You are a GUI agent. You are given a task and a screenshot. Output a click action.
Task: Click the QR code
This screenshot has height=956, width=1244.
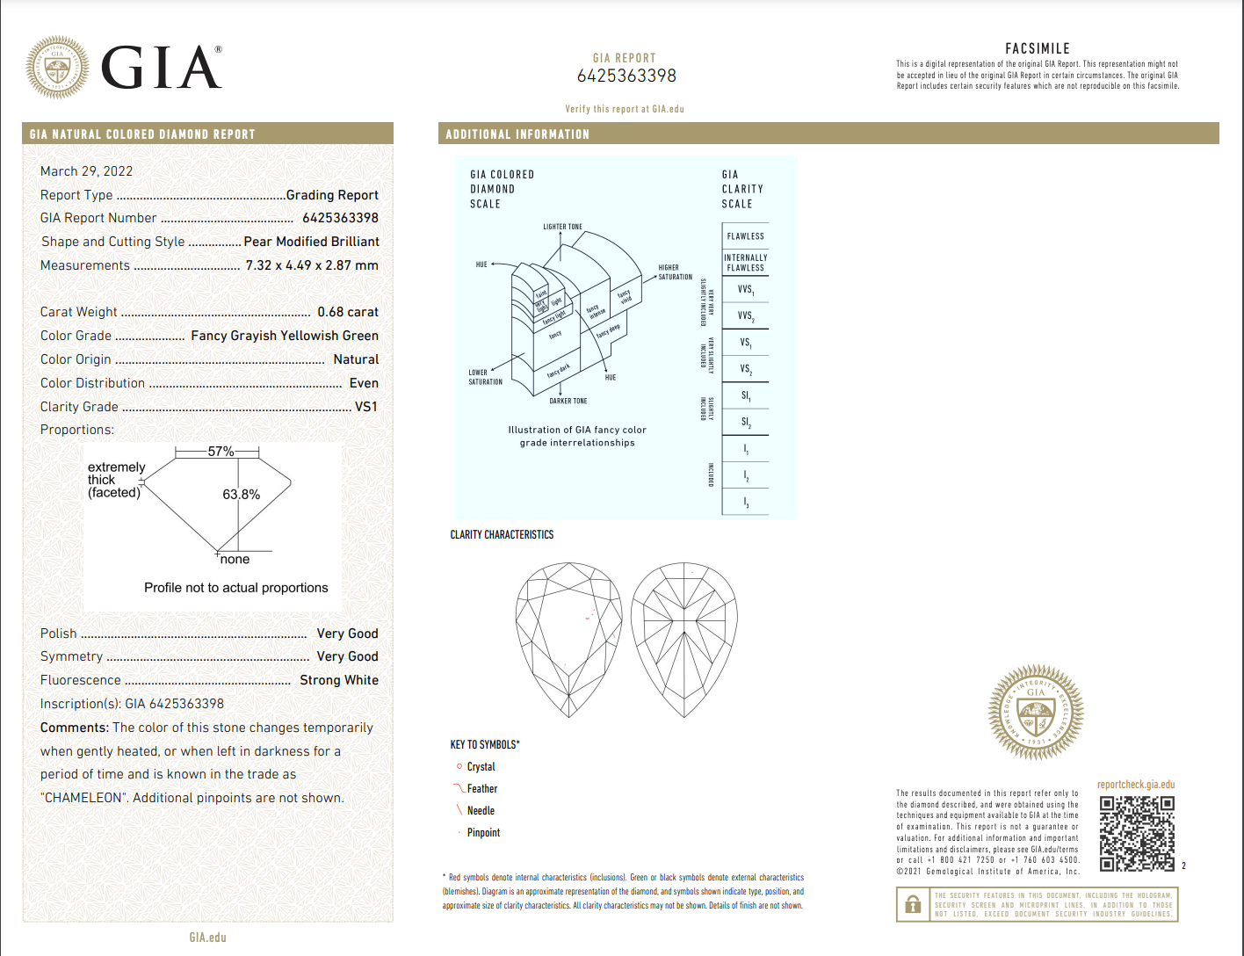point(1137,833)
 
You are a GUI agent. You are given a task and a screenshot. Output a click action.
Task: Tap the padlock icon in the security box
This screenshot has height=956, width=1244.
point(913,904)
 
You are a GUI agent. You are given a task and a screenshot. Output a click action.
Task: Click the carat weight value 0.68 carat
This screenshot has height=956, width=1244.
point(348,312)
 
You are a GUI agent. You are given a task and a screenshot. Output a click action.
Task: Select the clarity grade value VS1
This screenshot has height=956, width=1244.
point(366,407)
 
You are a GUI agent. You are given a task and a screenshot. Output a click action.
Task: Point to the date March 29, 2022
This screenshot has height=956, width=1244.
point(86,171)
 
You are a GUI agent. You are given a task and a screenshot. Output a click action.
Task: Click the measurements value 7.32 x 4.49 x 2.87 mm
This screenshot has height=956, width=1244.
point(312,265)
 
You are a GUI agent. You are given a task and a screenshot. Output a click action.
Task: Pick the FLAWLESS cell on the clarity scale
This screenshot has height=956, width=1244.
point(745,236)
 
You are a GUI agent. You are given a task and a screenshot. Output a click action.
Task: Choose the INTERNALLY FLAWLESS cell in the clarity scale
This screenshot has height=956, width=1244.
point(745,263)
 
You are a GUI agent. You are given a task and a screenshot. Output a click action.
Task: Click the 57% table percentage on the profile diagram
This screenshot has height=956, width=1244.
point(221,452)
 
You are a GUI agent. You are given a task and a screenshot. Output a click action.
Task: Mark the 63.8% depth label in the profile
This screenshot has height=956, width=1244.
point(241,495)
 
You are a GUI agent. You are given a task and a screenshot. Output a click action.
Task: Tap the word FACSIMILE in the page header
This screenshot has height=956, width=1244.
point(1037,49)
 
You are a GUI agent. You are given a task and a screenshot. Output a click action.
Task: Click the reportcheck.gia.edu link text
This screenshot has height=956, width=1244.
point(1135,785)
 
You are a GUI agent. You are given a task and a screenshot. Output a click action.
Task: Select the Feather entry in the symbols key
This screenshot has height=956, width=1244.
point(481,789)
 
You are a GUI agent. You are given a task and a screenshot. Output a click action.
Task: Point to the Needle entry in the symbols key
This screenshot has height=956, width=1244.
point(481,811)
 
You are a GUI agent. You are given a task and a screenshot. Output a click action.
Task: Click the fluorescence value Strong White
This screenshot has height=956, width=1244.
point(339,680)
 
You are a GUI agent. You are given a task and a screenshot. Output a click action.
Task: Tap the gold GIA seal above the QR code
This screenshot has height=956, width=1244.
point(1036,712)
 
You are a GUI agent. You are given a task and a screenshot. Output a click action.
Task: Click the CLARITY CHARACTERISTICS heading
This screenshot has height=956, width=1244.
point(502,534)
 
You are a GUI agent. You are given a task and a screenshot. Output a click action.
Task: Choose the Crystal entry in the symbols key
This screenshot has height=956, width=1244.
point(481,767)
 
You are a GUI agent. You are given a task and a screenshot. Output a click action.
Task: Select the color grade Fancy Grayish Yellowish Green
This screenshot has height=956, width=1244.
point(285,336)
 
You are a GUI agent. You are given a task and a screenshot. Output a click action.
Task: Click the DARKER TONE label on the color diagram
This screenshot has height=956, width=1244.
point(568,401)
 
